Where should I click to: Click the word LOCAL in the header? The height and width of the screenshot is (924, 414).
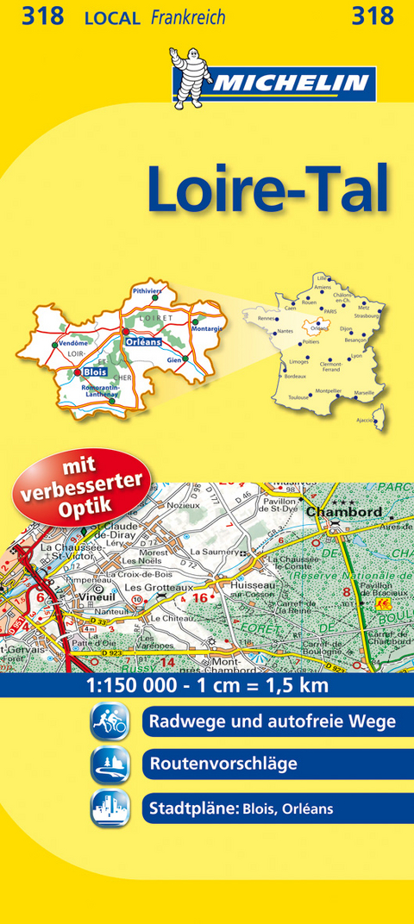pos(112,17)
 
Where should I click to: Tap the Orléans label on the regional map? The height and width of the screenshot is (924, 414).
pos(143,342)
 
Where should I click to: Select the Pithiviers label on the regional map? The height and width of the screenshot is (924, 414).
pos(147,291)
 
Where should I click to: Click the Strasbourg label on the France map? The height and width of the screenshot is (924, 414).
pos(366,315)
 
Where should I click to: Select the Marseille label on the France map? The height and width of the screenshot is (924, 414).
pos(364,392)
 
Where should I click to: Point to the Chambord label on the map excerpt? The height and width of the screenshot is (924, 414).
pos(343,512)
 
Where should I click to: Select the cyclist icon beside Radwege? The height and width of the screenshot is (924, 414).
pos(110,721)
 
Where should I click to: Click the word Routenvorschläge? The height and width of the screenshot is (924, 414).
pos(223,764)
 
